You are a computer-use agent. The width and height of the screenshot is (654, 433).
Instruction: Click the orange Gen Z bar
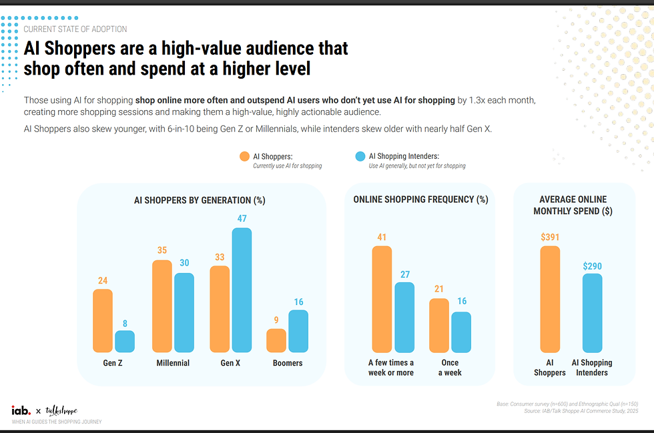point(103,320)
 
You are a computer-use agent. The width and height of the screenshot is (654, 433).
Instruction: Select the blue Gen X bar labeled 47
point(242,290)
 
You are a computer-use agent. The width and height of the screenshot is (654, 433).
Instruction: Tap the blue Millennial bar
point(184,312)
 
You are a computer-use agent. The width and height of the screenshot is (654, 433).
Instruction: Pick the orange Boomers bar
point(276,340)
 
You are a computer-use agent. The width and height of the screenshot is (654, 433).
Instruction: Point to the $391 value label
point(550,236)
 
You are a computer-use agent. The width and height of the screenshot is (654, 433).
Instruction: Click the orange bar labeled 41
point(382,299)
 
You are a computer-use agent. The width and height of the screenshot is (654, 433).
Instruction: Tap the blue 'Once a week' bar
point(461,332)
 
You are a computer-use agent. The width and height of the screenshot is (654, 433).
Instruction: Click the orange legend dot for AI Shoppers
point(244,157)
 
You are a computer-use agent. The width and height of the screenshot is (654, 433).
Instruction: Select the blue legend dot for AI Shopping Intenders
point(360,157)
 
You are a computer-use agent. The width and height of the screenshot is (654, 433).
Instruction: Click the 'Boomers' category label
point(288,363)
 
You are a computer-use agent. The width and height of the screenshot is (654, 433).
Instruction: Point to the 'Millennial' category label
point(173,363)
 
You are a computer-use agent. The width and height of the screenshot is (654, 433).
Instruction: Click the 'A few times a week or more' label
point(391,368)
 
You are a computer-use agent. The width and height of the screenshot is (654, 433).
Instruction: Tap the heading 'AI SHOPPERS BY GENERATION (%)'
point(200,199)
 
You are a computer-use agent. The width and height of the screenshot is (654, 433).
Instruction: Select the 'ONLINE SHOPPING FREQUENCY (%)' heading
point(420,199)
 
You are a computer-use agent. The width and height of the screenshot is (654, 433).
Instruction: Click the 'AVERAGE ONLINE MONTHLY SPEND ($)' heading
point(573,205)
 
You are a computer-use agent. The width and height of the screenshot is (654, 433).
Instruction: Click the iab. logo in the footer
point(21,410)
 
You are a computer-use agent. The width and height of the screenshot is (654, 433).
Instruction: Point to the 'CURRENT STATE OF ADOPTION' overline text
point(75,29)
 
